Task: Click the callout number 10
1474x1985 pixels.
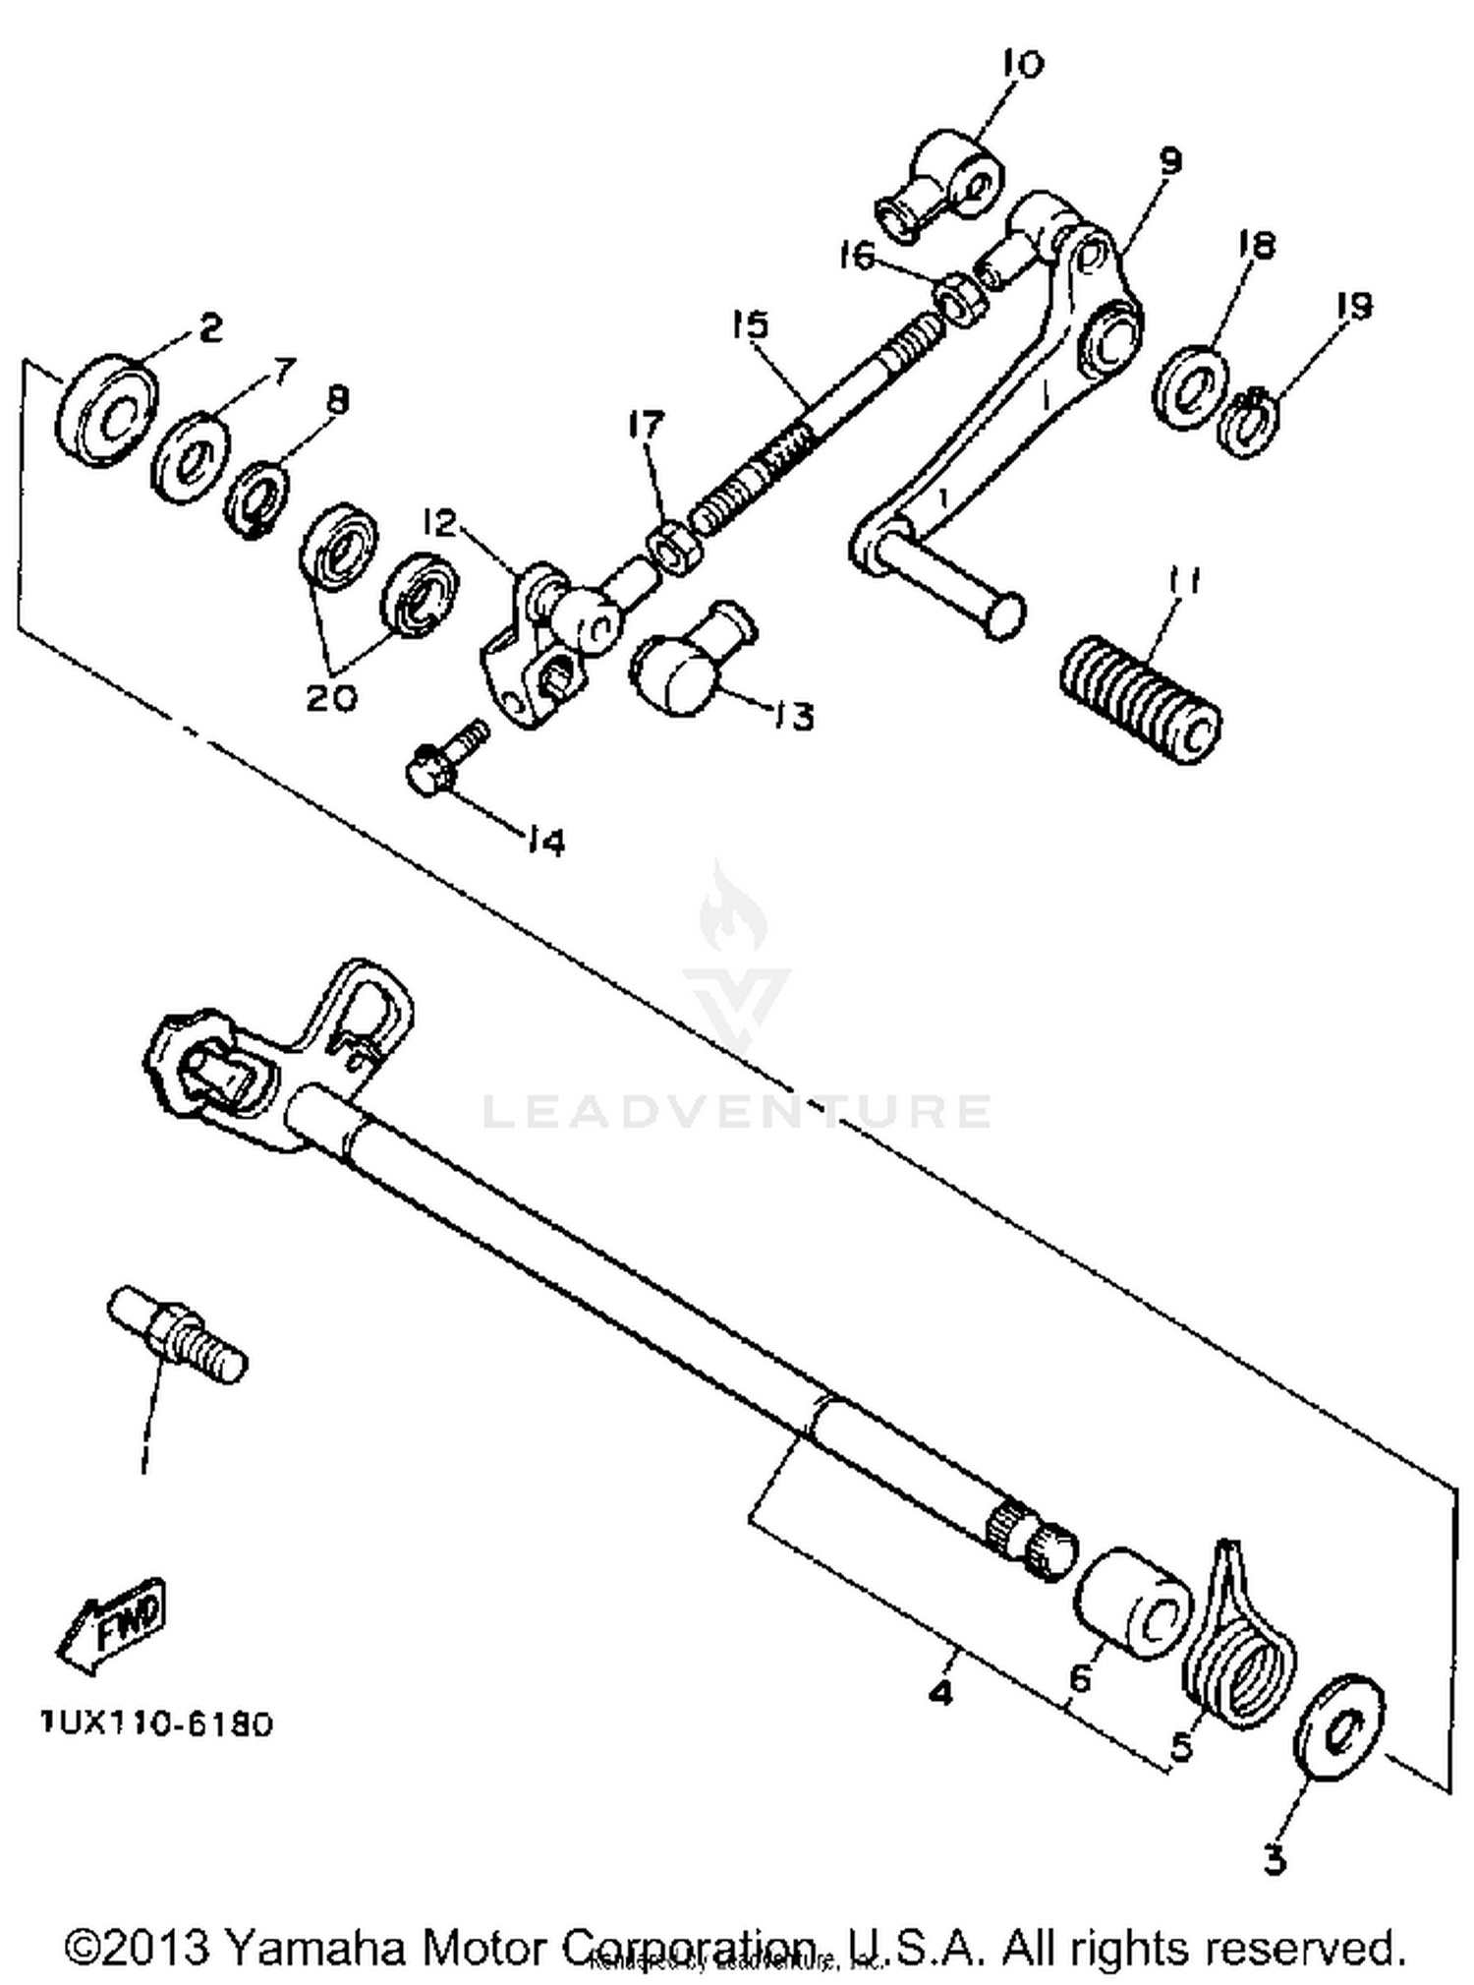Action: click(1021, 65)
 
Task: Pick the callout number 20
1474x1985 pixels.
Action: click(331, 698)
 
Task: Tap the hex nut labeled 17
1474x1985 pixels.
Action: click(674, 547)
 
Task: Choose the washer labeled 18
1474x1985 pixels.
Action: click(1190, 387)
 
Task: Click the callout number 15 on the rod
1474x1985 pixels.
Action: click(751, 324)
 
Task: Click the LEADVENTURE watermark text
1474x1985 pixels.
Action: click(737, 1111)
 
